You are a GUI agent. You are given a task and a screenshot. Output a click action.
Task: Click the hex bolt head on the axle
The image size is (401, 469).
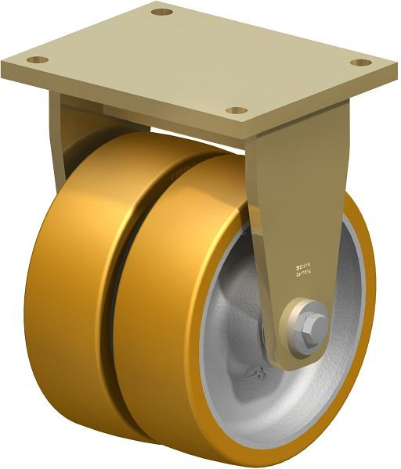click(x=313, y=323)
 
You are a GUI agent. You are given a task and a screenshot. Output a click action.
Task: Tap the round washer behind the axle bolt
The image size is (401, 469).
click(x=302, y=328)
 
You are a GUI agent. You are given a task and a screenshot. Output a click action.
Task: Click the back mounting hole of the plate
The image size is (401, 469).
click(x=161, y=12)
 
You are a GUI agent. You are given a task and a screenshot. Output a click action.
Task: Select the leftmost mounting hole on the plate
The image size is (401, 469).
click(x=37, y=59)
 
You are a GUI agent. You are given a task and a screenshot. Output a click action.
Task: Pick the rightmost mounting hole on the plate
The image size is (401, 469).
click(x=359, y=63)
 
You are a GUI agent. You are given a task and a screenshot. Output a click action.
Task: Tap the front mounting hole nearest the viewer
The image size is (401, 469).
click(x=238, y=110)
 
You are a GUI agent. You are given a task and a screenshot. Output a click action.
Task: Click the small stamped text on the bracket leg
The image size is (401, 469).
click(x=302, y=269)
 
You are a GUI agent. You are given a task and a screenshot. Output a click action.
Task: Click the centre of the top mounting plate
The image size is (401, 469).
click(x=196, y=59)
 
